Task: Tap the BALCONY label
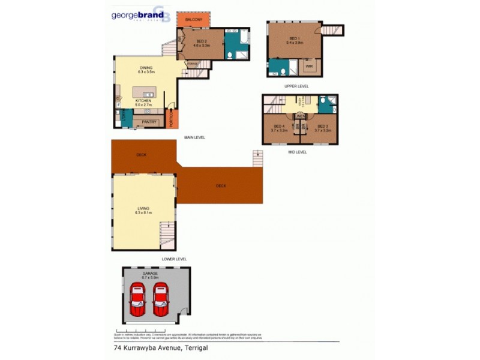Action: [x=193, y=20]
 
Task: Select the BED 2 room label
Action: [x=201, y=41]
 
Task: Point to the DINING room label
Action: [x=146, y=68]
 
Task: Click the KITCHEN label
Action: [x=142, y=100]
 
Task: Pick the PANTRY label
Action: [x=149, y=122]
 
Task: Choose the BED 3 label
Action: [x=322, y=126]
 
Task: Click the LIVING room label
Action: [x=143, y=208]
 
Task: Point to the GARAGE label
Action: [x=150, y=273]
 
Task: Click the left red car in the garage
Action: [x=137, y=300]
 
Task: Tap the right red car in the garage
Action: [x=160, y=300]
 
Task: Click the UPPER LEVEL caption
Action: [x=296, y=86]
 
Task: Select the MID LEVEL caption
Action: [x=297, y=152]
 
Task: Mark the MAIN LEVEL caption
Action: [x=195, y=137]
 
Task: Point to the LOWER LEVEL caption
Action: [x=174, y=259]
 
